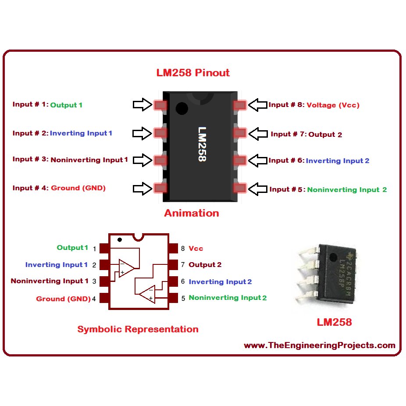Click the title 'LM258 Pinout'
(193, 73)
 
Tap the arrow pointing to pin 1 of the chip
(142, 104)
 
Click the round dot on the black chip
(181, 108)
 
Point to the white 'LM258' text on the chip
(202, 144)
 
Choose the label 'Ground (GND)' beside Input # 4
(78, 188)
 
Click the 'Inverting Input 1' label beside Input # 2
(81, 133)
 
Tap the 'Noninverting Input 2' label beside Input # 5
(347, 190)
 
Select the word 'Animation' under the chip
(192, 213)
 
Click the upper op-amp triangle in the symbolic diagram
(126, 268)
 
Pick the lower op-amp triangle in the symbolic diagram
(147, 294)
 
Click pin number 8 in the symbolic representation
(183, 249)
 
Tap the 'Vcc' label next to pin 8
(196, 249)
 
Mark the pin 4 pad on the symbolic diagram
(104, 299)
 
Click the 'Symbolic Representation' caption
(138, 329)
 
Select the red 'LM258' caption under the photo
(334, 322)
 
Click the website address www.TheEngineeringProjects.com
(319, 345)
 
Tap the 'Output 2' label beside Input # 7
(325, 135)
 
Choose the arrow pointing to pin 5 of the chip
(258, 189)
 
